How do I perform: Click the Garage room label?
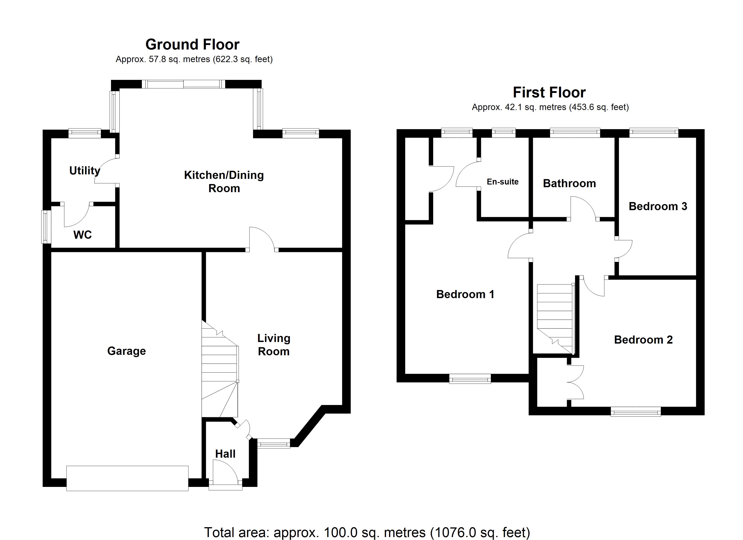pyautogui.click(x=127, y=351)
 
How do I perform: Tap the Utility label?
pyautogui.click(x=84, y=171)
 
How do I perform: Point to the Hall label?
pyautogui.click(x=225, y=454)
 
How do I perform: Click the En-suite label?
pyautogui.click(x=503, y=182)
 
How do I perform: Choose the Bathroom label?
pyautogui.click(x=569, y=183)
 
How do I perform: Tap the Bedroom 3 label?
pyautogui.click(x=658, y=206)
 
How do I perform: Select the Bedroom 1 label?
pyautogui.click(x=465, y=294)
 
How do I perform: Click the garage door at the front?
pyautogui.click(x=127, y=478)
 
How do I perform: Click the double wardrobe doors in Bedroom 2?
pyautogui.click(x=575, y=382)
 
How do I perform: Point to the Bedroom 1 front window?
pyautogui.click(x=470, y=380)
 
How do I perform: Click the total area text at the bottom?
pyautogui.click(x=367, y=532)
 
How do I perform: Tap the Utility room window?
pyautogui.click(x=84, y=132)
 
